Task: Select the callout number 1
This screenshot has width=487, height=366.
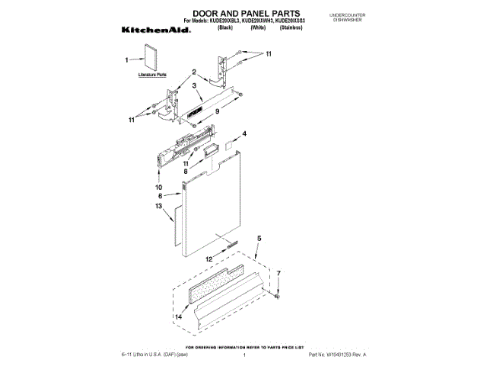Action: coord(127,59)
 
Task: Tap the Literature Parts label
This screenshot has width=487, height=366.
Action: coord(152,75)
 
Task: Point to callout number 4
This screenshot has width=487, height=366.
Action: coord(244,134)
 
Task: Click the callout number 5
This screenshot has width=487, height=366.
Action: coord(259,239)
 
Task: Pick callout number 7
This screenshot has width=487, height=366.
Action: coord(278,273)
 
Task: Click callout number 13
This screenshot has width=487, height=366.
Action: coord(159,206)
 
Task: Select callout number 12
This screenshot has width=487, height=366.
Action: coord(208,259)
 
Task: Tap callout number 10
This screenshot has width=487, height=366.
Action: coord(159,187)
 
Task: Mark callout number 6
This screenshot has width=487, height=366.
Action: coord(160,196)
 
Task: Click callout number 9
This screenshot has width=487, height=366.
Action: coord(217,111)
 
